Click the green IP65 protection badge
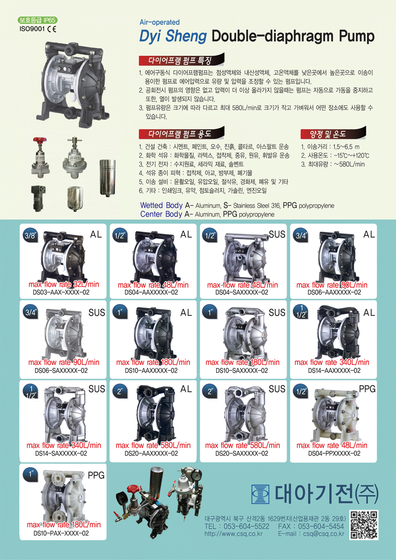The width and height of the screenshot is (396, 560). (38, 20)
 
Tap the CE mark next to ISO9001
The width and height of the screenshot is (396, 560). (52, 29)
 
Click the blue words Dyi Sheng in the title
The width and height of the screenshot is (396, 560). (173, 36)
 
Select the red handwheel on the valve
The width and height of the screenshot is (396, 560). (40, 140)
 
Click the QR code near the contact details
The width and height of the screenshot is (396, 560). (364, 525)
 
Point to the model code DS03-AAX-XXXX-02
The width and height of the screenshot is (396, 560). (61, 292)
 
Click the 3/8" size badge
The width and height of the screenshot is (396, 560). (30, 236)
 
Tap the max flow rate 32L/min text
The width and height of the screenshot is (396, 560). (64, 284)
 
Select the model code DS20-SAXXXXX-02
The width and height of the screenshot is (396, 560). (242, 453)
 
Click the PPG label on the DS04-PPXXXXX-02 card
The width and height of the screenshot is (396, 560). (367, 389)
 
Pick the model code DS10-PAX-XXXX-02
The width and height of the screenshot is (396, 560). (61, 533)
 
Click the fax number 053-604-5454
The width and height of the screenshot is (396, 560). (321, 526)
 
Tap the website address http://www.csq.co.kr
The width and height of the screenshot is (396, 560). (233, 534)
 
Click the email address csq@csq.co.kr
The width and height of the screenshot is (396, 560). (324, 534)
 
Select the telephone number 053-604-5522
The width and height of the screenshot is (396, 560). (246, 526)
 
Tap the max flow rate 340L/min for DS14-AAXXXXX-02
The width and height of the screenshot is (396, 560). (332, 362)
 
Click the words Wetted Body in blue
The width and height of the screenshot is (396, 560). (161, 205)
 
